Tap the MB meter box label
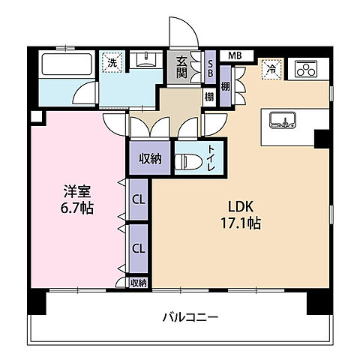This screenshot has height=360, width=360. coord(235,55)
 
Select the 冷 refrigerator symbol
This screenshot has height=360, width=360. coord(270,69)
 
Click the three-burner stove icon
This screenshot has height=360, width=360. coord(306,69)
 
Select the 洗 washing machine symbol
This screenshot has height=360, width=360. coord(111,63)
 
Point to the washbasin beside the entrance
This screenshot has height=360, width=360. coord(145,61)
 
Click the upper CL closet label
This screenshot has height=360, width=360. coord(138,199)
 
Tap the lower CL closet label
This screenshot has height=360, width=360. coord(138,247)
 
